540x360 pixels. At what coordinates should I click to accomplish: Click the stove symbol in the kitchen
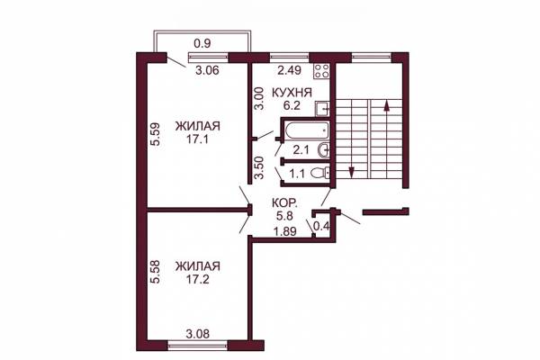[x=321, y=70]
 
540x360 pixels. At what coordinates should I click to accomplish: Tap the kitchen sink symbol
[x=322, y=109]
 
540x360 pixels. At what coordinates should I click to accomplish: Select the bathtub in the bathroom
[x=307, y=130]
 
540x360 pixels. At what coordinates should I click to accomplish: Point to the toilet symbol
[x=319, y=173]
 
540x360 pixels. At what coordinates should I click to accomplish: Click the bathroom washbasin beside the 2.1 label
[x=324, y=150]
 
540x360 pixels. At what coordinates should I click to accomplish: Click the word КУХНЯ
[x=292, y=93]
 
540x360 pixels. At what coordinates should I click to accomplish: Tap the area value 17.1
[x=198, y=139]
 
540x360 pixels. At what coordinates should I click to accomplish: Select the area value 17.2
[x=198, y=279]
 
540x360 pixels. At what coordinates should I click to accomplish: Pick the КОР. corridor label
[x=285, y=202]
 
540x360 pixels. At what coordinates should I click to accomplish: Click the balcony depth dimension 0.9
[x=202, y=43]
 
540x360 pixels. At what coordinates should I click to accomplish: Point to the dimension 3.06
[x=207, y=70]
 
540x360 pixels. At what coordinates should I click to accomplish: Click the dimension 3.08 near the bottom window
[x=198, y=334]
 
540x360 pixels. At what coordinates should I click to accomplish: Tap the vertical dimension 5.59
[x=156, y=134]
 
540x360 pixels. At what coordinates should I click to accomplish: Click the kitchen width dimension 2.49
[x=290, y=70]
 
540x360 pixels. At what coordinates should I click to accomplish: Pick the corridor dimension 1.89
[x=284, y=231]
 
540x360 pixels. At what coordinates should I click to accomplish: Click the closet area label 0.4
[x=322, y=226]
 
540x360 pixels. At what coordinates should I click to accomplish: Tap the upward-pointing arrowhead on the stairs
[x=387, y=105]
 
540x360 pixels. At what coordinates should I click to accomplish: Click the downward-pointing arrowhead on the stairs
[x=351, y=172]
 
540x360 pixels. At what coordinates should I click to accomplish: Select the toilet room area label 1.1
[x=297, y=174]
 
